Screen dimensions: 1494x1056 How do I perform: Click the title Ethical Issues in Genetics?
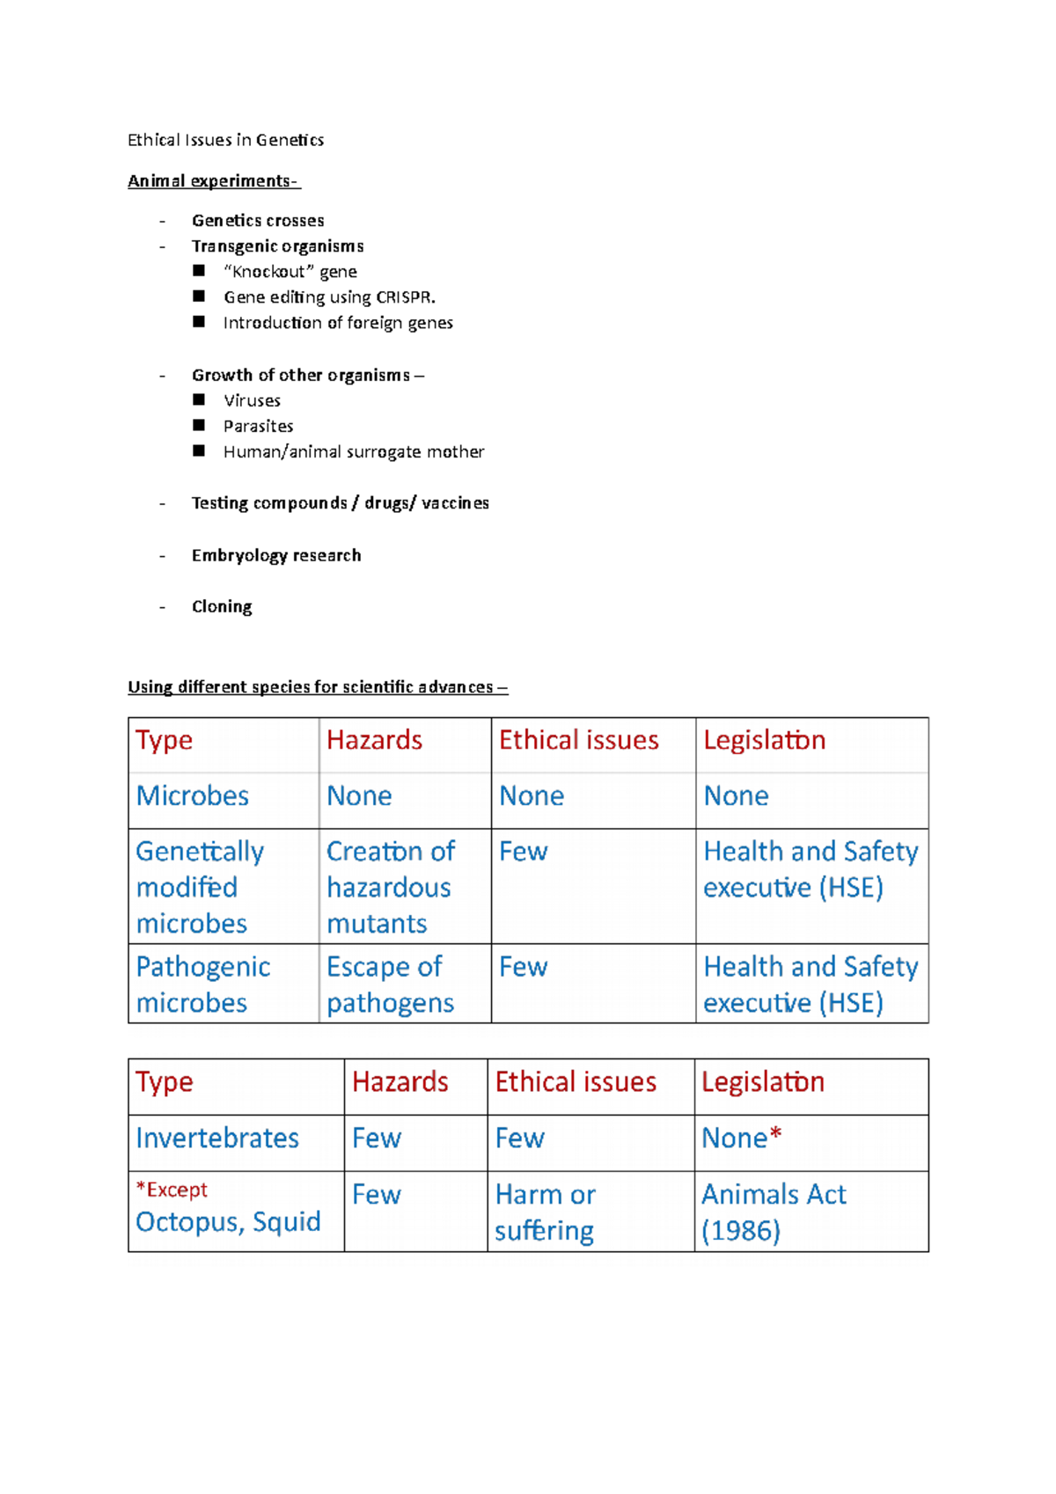[x=225, y=140]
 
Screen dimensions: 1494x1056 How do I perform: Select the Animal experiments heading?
[x=213, y=181]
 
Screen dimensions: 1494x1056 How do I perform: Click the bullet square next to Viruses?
[x=199, y=400]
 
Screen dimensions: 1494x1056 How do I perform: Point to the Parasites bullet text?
[x=258, y=427]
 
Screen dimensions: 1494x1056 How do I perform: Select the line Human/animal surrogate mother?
[x=353, y=452]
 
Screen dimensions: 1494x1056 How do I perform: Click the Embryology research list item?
[x=275, y=555]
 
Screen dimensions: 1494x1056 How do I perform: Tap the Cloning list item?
[x=221, y=607]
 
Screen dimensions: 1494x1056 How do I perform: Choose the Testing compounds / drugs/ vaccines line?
[x=340, y=503]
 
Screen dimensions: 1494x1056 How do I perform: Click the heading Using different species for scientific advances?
[x=317, y=687]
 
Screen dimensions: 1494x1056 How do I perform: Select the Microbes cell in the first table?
[x=193, y=796]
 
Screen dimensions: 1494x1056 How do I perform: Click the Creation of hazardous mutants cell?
[x=390, y=887]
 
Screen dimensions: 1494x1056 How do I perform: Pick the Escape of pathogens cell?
[x=390, y=985]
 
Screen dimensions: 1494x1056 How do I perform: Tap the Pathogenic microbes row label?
[x=202, y=985]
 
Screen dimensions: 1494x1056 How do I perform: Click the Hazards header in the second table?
[x=400, y=1082]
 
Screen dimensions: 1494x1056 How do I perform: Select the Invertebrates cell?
[x=217, y=1139]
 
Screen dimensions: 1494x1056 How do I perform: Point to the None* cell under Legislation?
[x=741, y=1139]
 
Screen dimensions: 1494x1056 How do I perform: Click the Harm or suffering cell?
[x=545, y=1212]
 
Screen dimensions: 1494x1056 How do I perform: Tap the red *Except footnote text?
[x=172, y=1190]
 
